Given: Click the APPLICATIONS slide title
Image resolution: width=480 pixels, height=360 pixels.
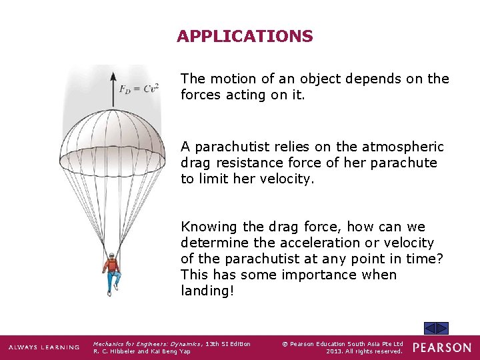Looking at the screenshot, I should (245, 37).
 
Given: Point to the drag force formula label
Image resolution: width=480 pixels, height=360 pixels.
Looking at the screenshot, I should (139, 89).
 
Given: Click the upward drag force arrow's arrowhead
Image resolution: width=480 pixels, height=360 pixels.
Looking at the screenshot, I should (113, 74).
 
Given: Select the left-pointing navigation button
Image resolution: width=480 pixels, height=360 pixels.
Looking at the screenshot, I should (430, 328).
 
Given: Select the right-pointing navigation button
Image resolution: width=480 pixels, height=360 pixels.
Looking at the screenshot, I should (443, 328).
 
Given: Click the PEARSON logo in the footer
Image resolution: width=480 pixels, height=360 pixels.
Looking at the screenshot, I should (441, 347).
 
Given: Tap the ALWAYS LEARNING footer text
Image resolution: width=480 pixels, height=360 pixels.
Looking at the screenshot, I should (43, 347).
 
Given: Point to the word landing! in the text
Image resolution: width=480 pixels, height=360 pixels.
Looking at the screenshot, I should (208, 291).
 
